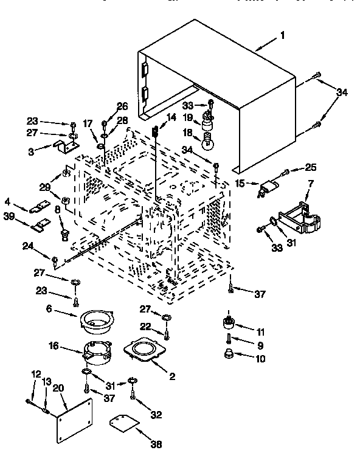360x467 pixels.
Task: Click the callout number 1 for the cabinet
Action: coord(282,35)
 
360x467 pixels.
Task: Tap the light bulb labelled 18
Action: coord(209,143)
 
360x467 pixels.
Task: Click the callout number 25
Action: coord(311,168)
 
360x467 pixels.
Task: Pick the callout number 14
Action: coord(171,117)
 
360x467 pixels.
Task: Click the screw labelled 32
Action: coord(133,396)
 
